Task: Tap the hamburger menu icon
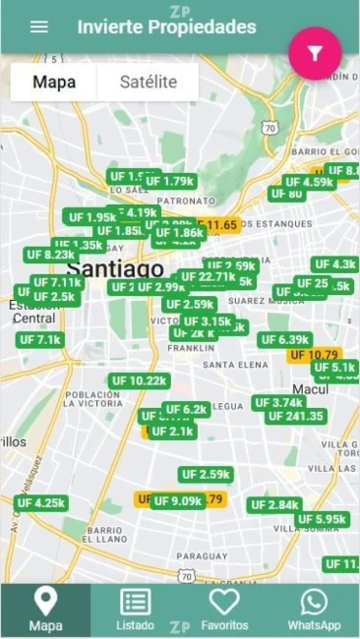coord(39,27)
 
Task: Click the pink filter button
coord(315,54)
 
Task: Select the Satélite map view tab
coord(149,83)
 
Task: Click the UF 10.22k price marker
coord(139,381)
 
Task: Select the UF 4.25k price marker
coord(41,502)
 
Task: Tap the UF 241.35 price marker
coord(296,416)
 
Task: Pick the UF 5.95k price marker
coord(322,519)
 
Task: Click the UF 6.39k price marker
coord(285,340)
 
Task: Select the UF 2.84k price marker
coord(274,505)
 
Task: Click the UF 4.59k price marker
coord(310,182)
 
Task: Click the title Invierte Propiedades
coord(167,28)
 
